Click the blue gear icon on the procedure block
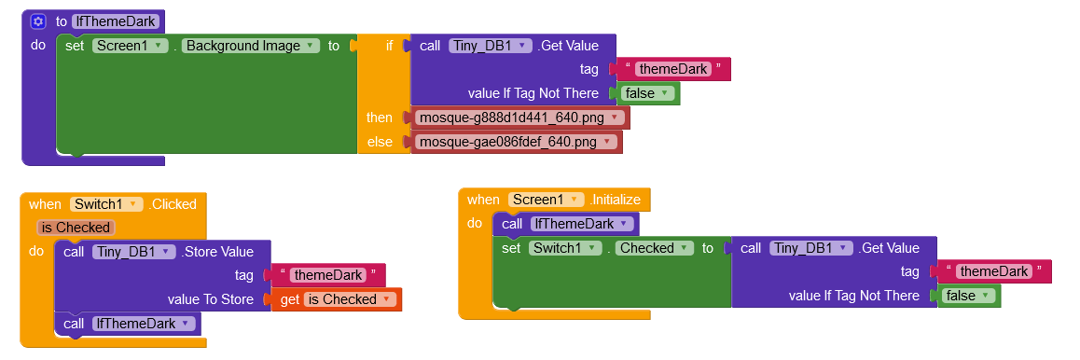38,21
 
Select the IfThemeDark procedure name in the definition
116,21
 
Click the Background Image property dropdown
252,46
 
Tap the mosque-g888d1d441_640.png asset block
520,118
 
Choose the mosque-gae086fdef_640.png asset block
517,143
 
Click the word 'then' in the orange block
379,118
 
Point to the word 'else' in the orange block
379,143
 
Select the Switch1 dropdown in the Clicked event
106,203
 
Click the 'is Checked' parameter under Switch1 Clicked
76,228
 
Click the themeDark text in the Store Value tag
328,275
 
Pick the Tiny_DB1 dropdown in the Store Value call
134,252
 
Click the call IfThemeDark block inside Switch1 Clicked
128,324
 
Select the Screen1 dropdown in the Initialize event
546,200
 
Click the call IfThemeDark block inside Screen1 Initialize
566,224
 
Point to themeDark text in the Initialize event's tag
994,271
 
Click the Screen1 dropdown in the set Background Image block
131,46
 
